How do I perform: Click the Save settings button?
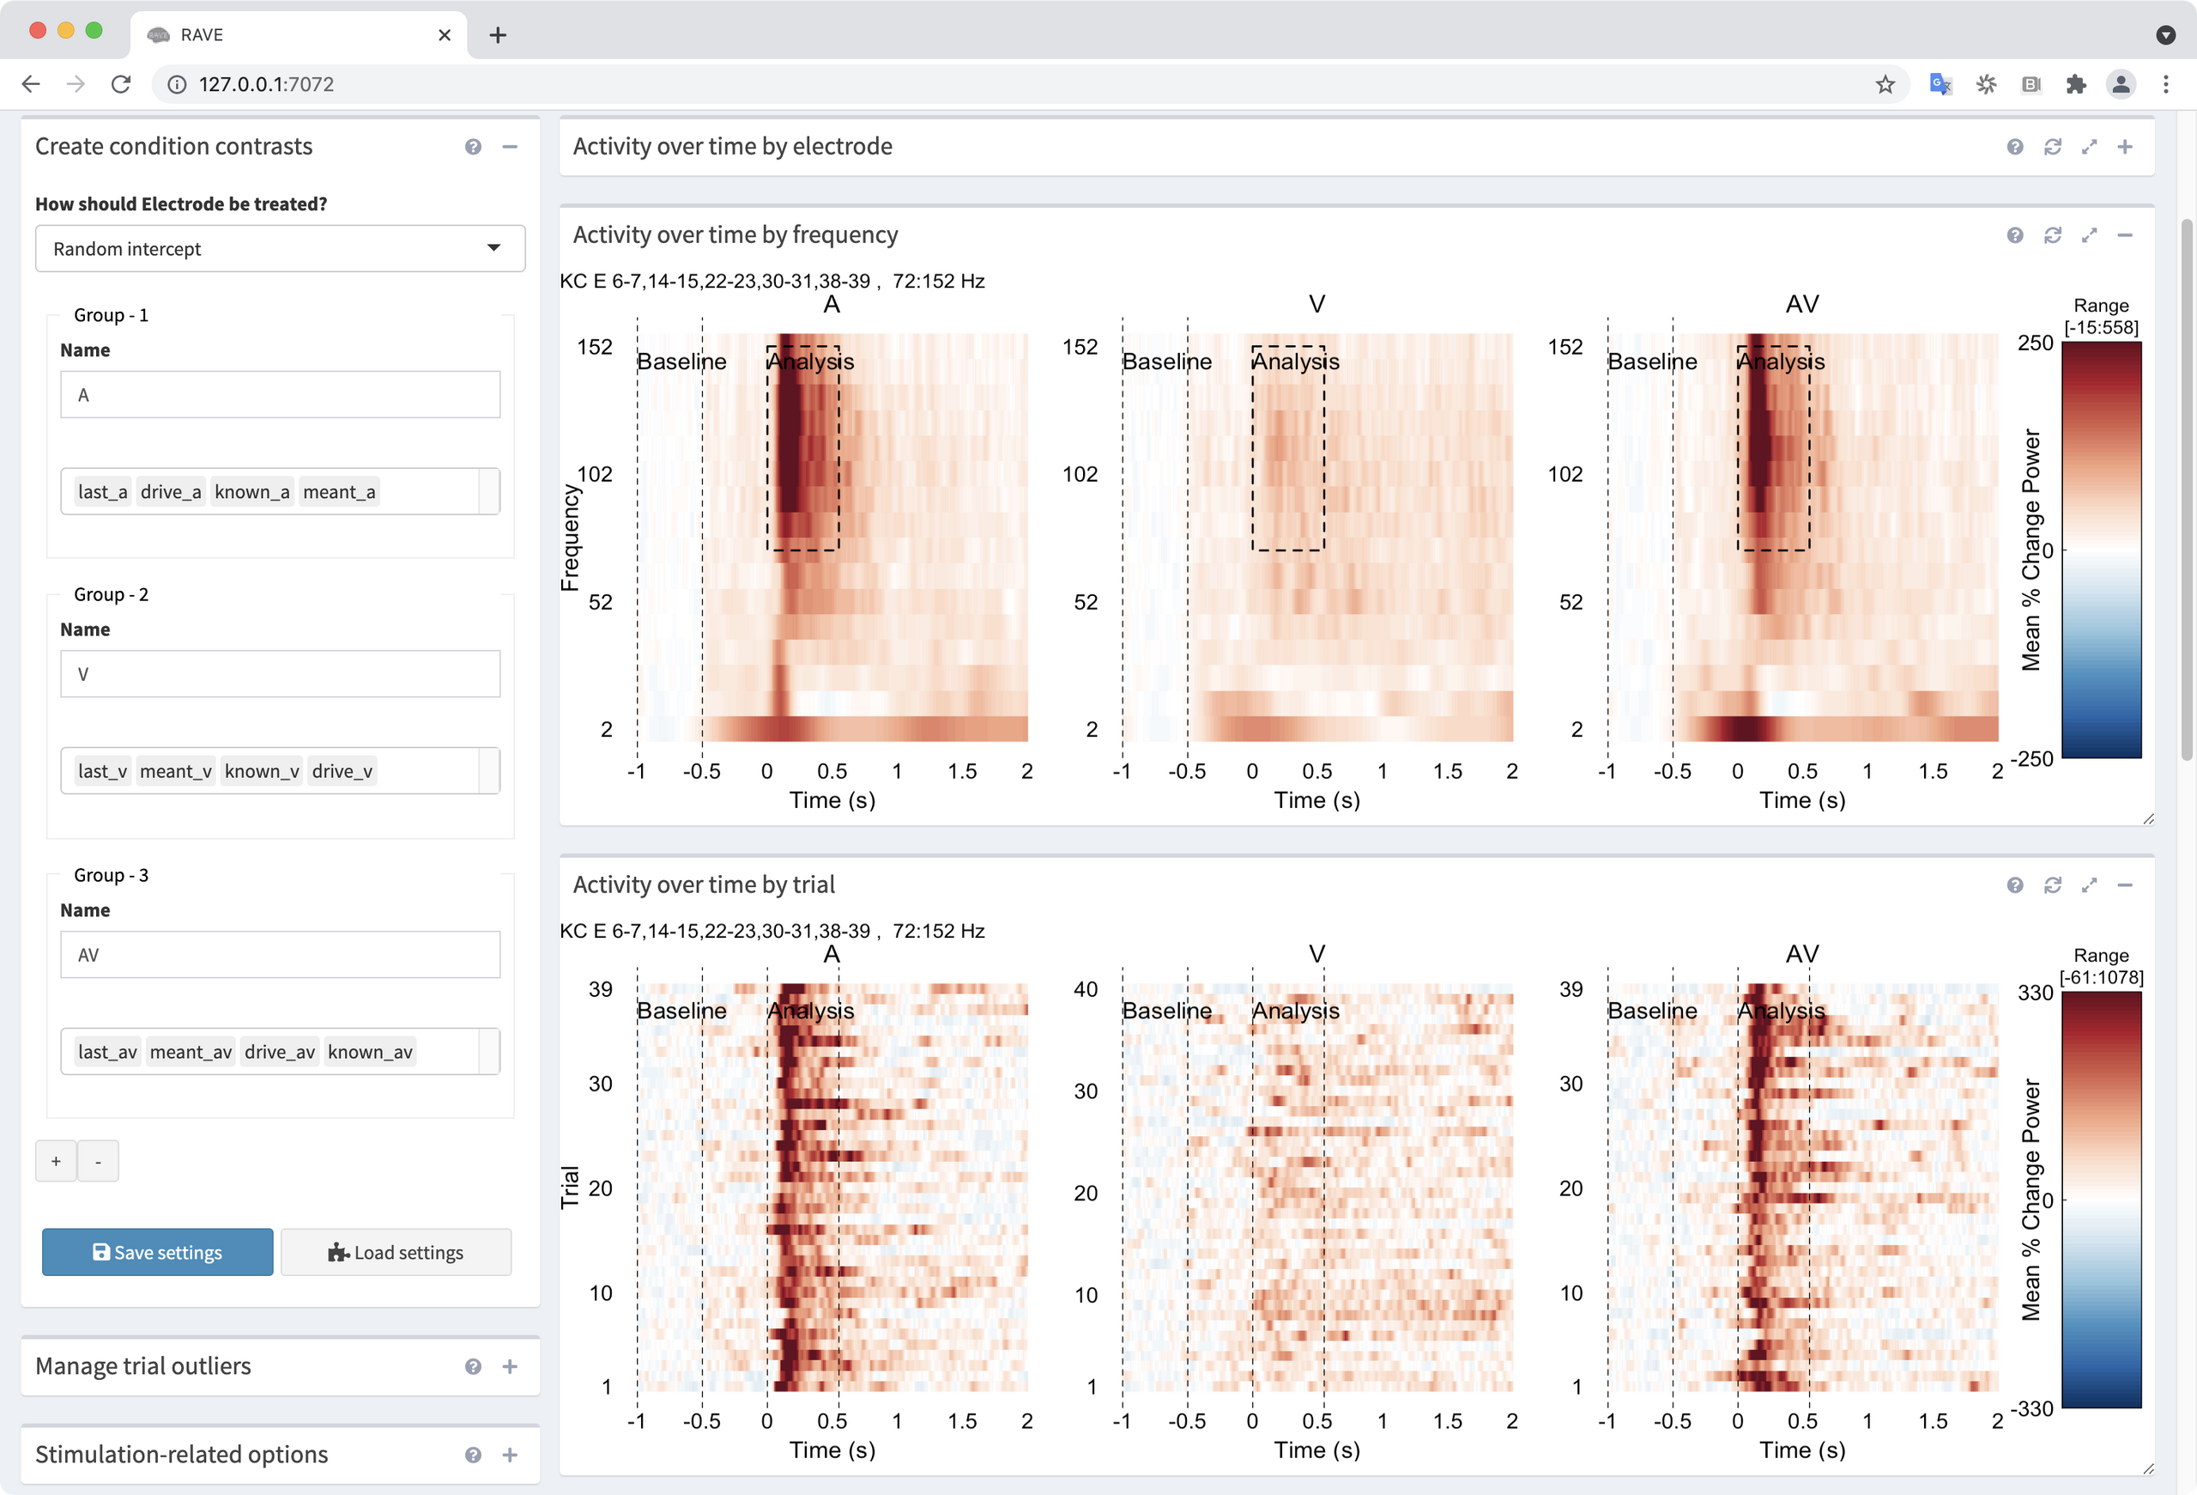point(157,1252)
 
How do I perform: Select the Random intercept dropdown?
point(280,249)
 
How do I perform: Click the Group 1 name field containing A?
point(280,395)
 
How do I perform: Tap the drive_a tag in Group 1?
point(170,492)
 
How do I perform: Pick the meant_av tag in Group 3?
point(191,1052)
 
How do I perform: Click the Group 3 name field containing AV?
point(280,955)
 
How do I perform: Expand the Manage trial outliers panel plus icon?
point(510,1366)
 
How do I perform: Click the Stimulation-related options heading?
point(181,1455)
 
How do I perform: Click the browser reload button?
point(121,84)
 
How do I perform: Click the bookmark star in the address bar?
point(1885,84)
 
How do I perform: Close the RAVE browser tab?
point(445,35)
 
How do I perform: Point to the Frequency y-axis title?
point(569,537)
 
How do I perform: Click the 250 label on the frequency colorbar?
point(2035,343)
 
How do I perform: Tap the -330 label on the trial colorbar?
point(2032,1409)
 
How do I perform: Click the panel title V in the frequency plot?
point(1316,305)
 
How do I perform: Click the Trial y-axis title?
point(569,1187)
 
